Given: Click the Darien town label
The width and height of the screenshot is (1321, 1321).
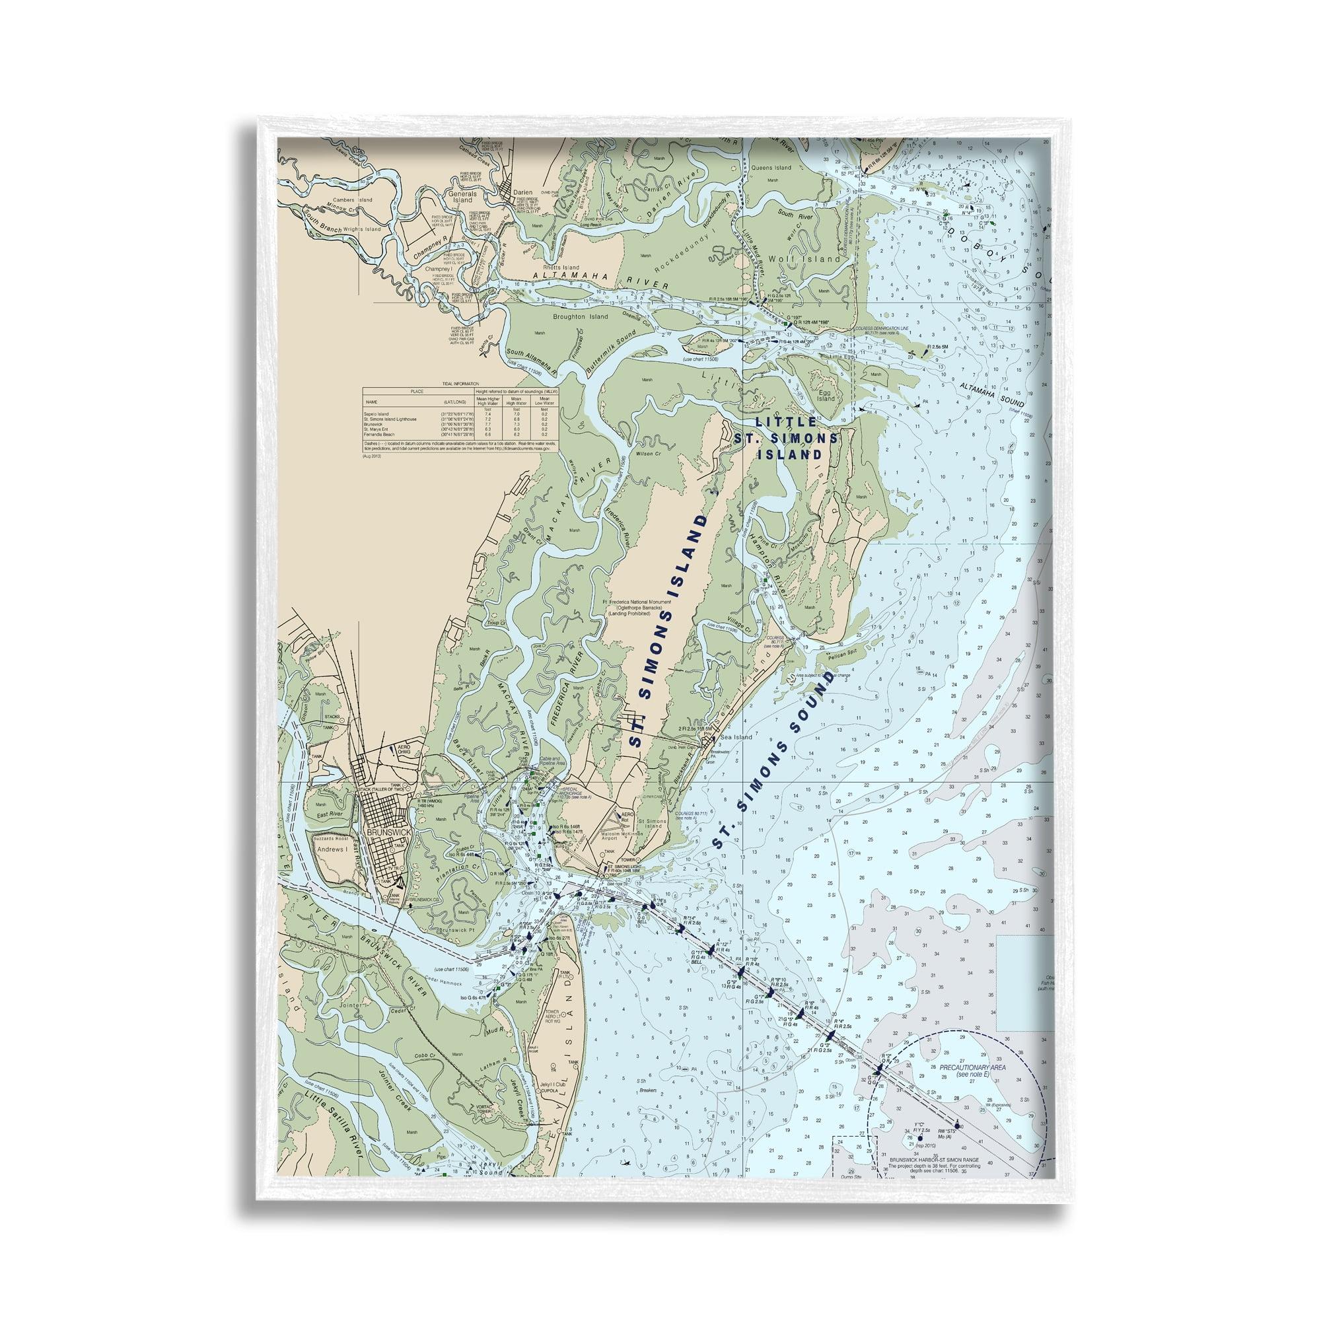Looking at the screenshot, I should (522, 192).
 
